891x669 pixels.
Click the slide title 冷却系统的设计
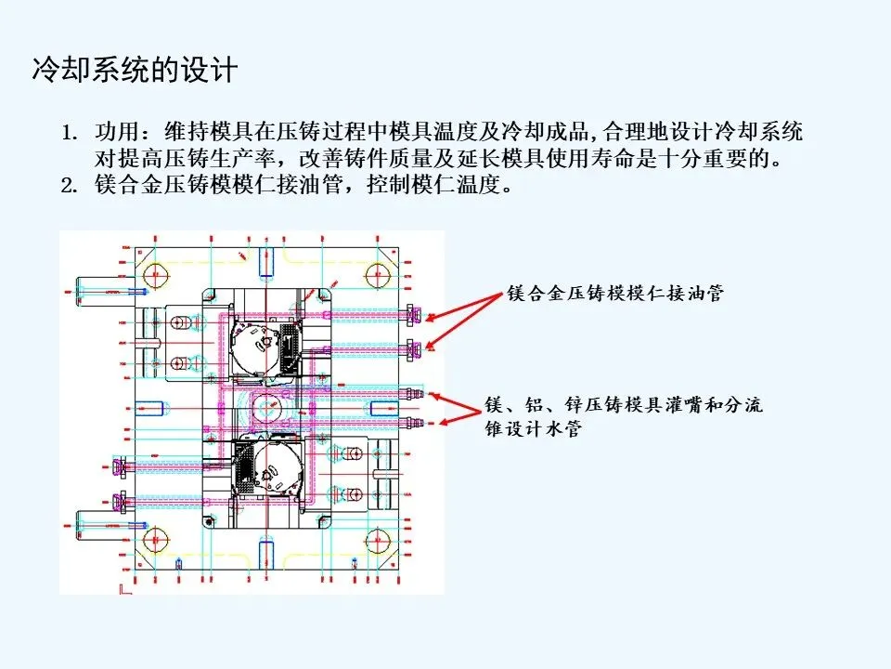[135, 71]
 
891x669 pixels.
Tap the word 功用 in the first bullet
[114, 129]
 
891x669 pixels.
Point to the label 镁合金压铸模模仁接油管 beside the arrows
[615, 294]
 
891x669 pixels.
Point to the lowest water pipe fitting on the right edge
[414, 424]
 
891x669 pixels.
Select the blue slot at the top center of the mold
[266, 255]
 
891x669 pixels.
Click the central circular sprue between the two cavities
[271, 406]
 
